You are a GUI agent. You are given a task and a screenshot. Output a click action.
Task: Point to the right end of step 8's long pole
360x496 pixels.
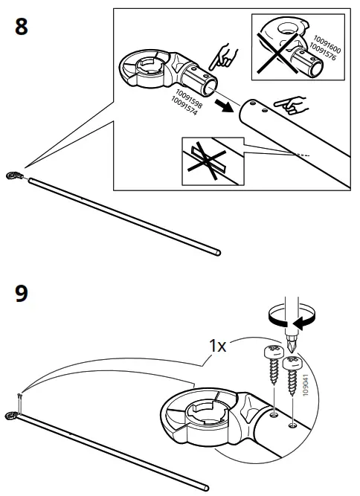click(218, 254)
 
